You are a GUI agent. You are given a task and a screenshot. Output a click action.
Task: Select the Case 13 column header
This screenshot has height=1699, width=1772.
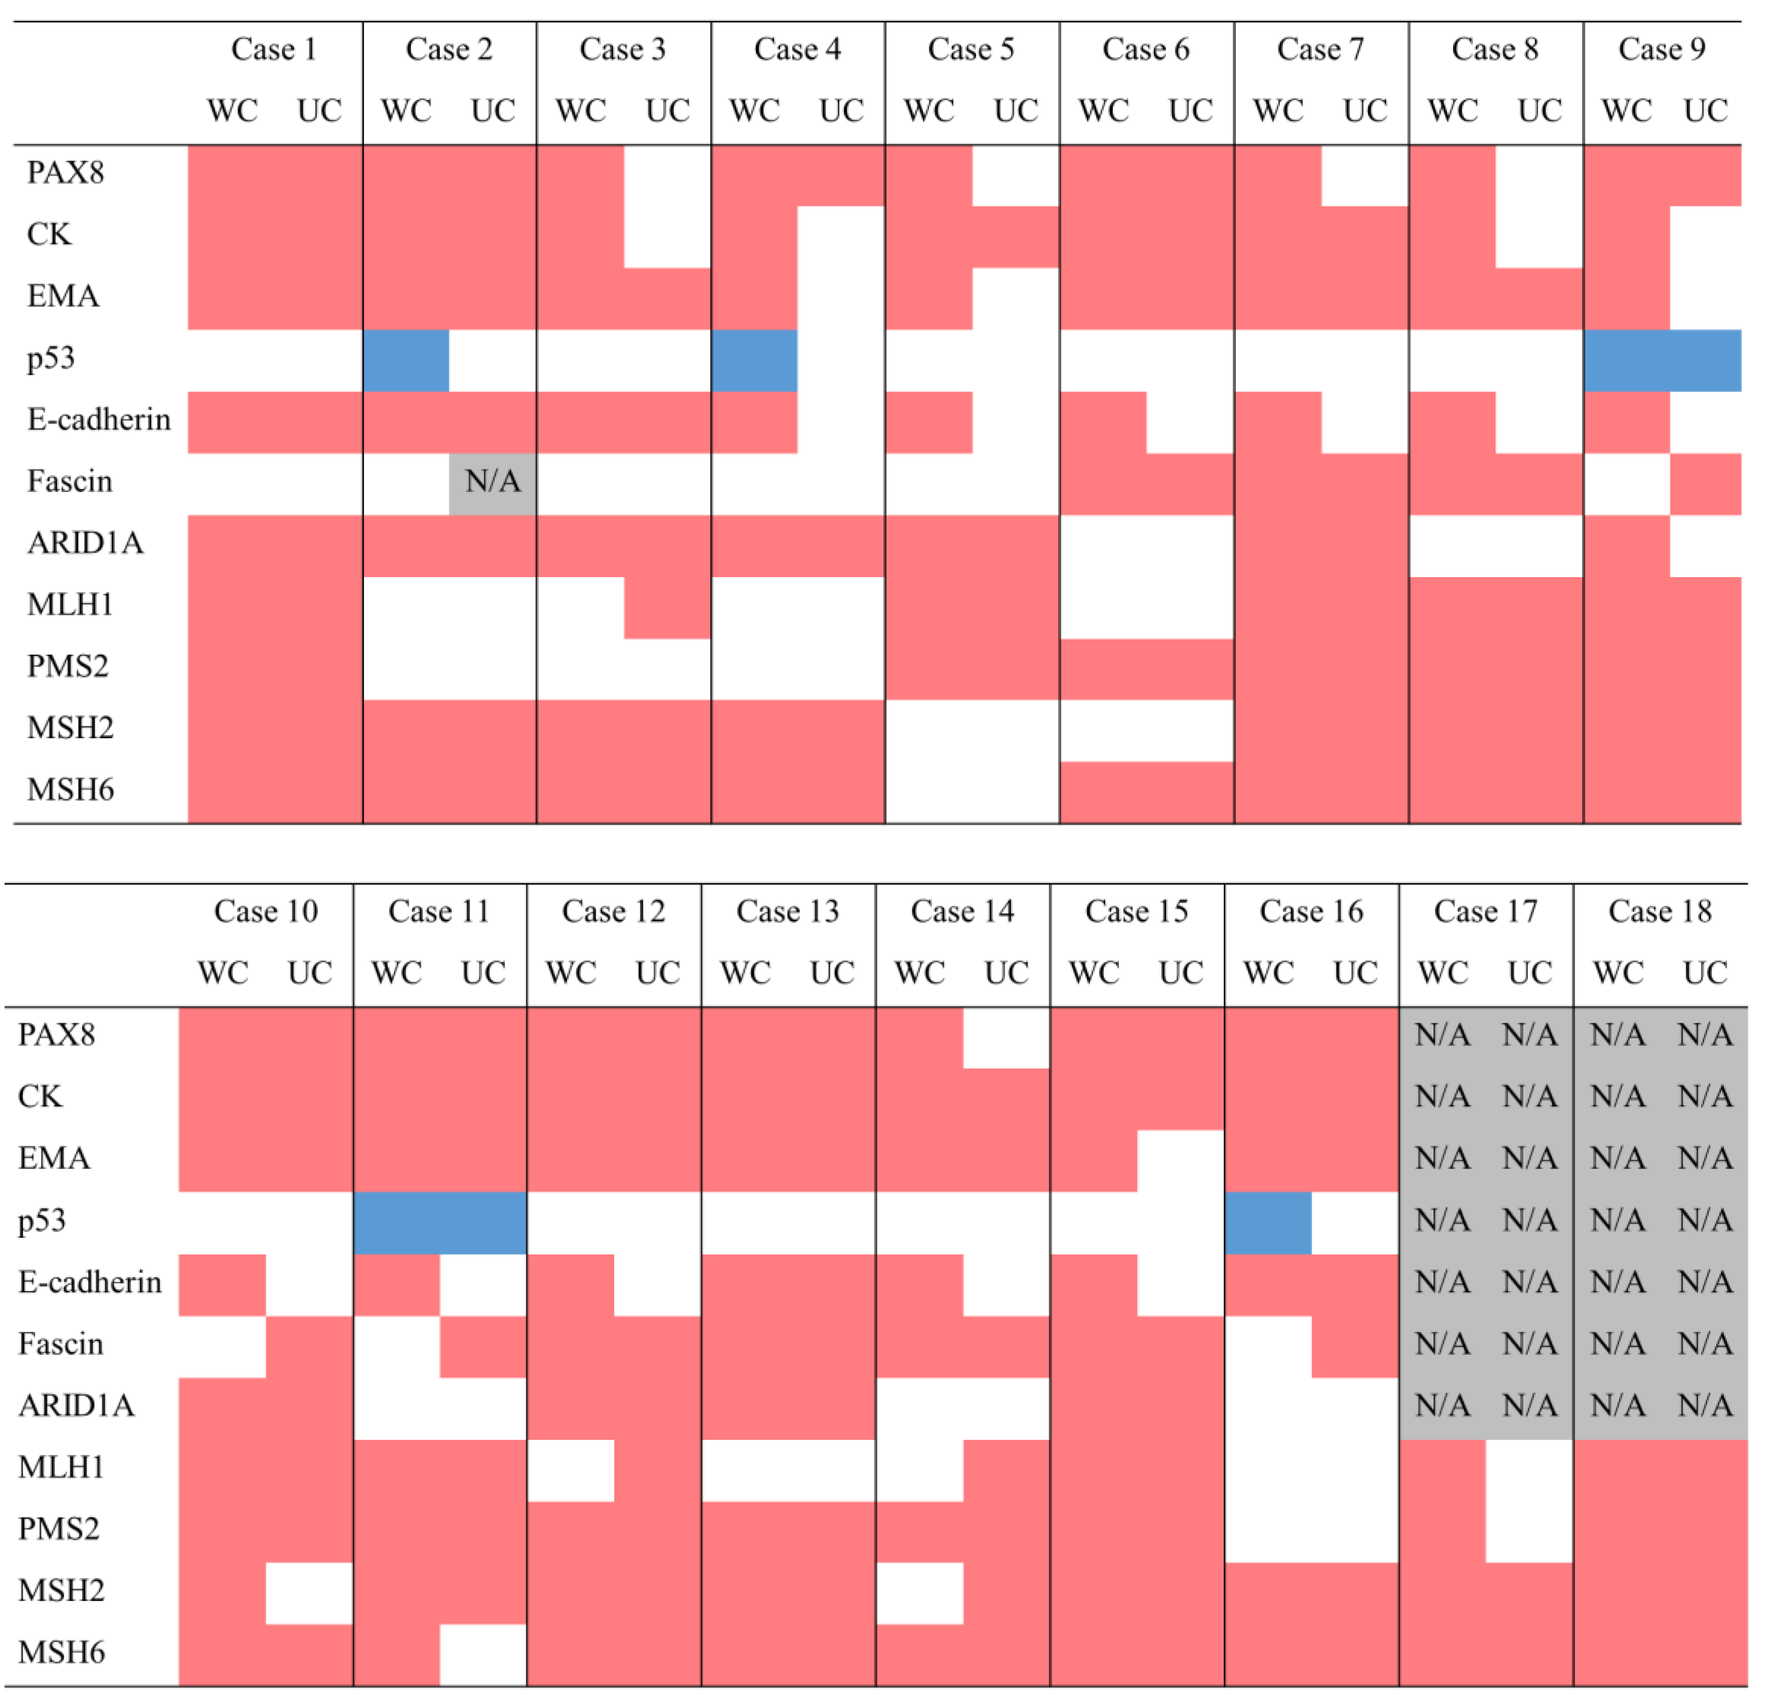point(787,911)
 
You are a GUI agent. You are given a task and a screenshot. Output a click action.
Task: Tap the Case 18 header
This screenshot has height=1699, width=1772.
point(1660,911)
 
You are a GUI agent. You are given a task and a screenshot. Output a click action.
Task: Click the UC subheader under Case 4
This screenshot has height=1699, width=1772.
point(841,110)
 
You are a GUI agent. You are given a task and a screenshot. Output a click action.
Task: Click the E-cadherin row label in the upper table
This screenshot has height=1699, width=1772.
point(99,420)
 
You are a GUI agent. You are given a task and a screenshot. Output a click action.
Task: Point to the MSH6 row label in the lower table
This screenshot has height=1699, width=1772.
point(61,1652)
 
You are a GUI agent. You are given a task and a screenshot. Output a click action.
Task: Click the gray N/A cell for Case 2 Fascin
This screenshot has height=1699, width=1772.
point(493,481)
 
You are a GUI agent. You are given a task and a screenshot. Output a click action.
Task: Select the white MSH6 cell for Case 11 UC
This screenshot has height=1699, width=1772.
point(483,1654)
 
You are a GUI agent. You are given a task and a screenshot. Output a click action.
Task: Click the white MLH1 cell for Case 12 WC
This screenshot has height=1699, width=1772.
point(571,1469)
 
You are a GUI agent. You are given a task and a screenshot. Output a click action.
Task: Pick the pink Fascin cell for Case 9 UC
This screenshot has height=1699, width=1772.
point(1705,484)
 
